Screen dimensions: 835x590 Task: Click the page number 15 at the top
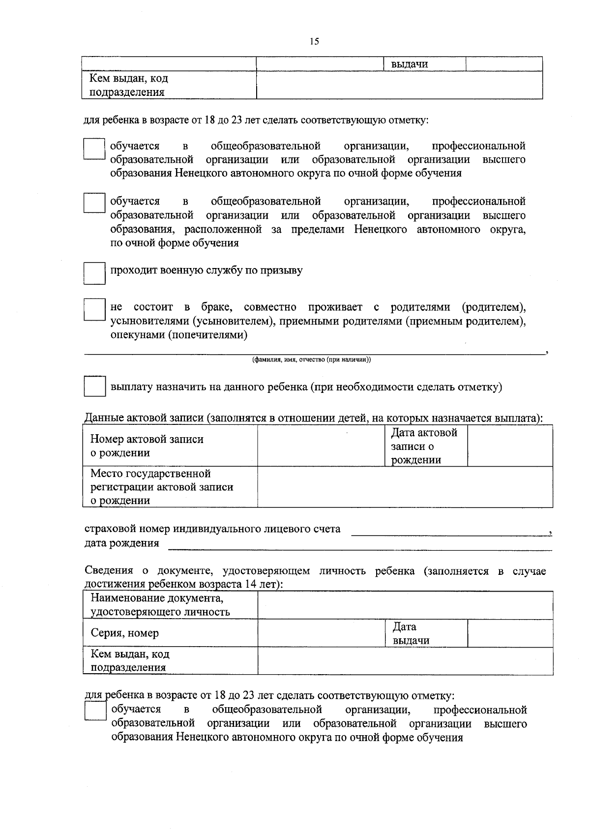coord(314,42)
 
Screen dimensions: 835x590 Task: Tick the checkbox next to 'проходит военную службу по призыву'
coord(94,273)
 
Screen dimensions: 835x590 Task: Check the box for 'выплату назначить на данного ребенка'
coord(94,387)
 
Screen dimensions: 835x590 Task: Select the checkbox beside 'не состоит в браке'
coord(94,310)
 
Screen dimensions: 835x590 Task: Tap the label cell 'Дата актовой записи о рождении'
coord(425,446)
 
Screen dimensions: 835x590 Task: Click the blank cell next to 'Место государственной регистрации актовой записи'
coord(405,486)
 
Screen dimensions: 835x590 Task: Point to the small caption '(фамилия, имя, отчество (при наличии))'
coord(311,360)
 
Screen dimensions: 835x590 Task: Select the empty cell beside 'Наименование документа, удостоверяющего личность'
coord(405,605)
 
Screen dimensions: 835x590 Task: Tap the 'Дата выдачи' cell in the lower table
coord(425,633)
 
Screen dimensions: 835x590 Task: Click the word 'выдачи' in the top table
coord(410,64)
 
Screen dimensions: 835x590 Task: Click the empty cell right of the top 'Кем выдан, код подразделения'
coord(399,85)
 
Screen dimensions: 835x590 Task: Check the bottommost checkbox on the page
coord(95,711)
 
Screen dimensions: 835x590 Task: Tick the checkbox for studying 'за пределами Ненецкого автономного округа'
coord(94,203)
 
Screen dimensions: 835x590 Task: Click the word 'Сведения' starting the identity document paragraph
coord(109,571)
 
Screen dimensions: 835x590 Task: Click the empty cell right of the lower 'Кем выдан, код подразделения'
coord(405,661)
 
